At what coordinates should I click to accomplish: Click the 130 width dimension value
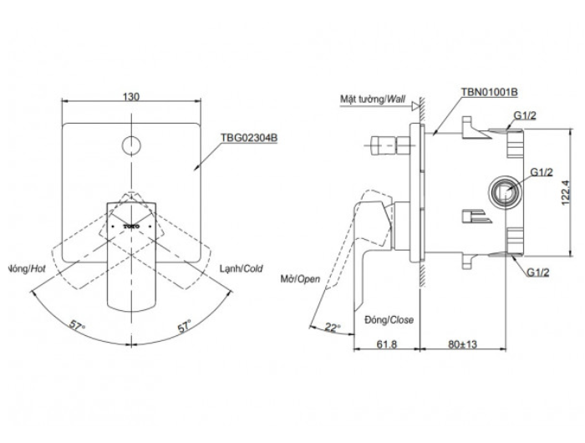pyautogui.click(x=131, y=96)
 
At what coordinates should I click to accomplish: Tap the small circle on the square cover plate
pyautogui.click(x=131, y=145)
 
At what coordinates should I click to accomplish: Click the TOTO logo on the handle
pyautogui.click(x=131, y=226)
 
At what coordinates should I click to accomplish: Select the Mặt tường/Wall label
pyautogui.click(x=371, y=98)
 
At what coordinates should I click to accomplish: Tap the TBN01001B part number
pyautogui.click(x=489, y=93)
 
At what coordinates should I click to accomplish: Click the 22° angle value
pyautogui.click(x=333, y=327)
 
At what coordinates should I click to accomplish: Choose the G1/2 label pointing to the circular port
pyautogui.click(x=542, y=172)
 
